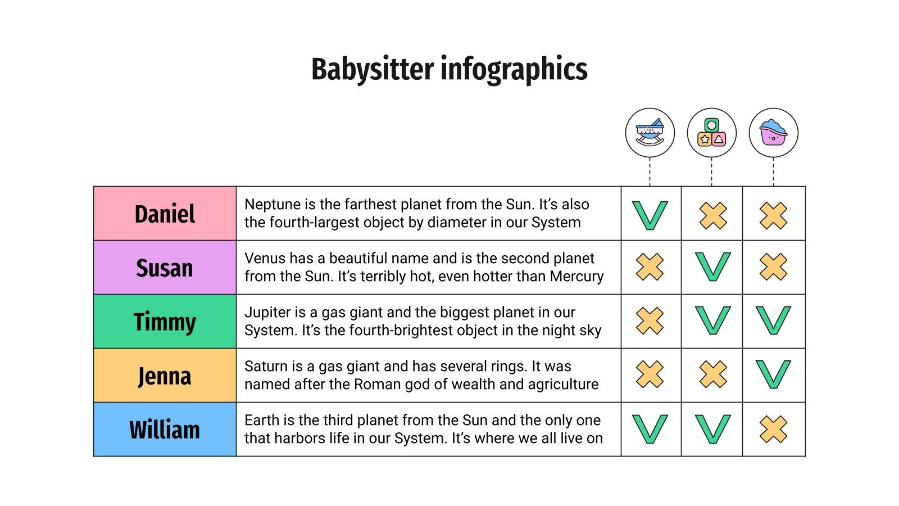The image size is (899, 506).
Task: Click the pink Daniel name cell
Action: pyautogui.click(x=165, y=214)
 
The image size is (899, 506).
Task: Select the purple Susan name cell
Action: pyautogui.click(x=165, y=268)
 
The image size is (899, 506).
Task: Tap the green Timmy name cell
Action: pyautogui.click(x=165, y=322)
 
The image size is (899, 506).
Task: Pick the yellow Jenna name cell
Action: pyautogui.click(x=165, y=376)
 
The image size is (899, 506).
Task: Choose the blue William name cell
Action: pyautogui.click(x=165, y=430)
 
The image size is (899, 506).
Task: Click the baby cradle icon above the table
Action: pyautogui.click(x=650, y=133)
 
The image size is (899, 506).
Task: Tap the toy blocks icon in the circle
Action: pyautogui.click(x=711, y=133)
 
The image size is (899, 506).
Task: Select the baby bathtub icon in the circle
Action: pyautogui.click(x=773, y=133)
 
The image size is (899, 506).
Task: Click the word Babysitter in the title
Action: pyautogui.click(x=373, y=70)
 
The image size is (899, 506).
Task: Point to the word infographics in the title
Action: pyautogui.click(x=514, y=70)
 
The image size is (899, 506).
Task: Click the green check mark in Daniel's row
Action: pyautogui.click(x=650, y=215)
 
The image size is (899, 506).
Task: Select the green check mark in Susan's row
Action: pyautogui.click(x=712, y=266)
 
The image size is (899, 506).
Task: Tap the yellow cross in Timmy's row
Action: pyautogui.click(x=650, y=320)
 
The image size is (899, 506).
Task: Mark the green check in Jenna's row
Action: pyautogui.click(x=773, y=374)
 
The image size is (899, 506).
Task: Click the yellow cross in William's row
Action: pyautogui.click(x=773, y=429)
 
